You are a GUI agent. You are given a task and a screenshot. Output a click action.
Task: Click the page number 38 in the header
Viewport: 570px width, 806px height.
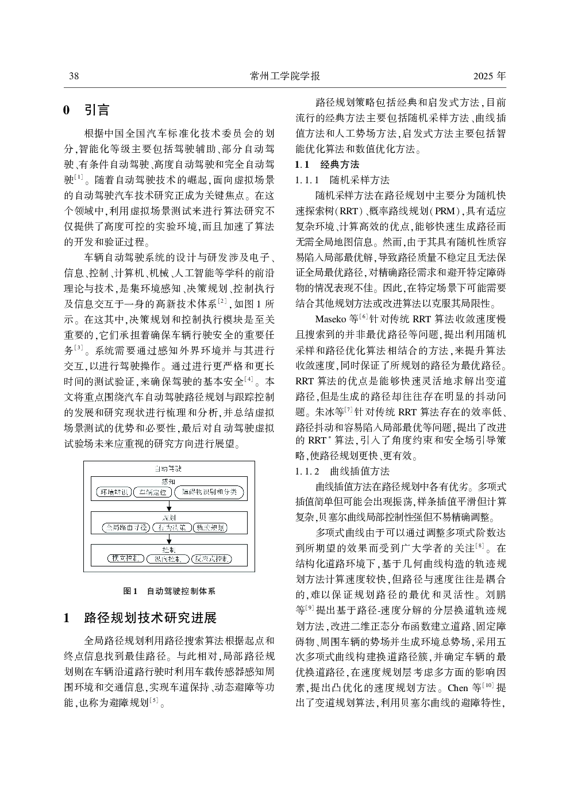pos(74,76)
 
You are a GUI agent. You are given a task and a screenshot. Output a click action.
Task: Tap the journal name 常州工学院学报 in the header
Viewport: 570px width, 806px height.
pos(285,76)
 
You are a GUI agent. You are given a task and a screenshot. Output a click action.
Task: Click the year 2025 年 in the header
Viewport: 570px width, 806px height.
pos(490,76)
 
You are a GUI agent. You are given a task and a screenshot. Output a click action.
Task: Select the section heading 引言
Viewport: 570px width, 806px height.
pos(97,110)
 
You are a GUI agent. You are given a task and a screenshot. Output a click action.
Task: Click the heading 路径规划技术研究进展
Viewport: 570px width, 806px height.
pos(150,618)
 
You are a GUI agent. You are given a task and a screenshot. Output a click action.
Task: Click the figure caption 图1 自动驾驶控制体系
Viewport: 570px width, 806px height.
pos(169,591)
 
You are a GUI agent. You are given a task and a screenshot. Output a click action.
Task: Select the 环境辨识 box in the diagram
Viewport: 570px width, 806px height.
pos(114,492)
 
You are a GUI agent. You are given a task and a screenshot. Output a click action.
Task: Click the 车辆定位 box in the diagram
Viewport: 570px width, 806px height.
pos(153,492)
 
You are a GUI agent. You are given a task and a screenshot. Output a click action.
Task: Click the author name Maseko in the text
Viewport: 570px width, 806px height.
pos(328,319)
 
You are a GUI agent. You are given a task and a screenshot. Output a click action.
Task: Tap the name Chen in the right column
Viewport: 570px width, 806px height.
pos(457,688)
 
